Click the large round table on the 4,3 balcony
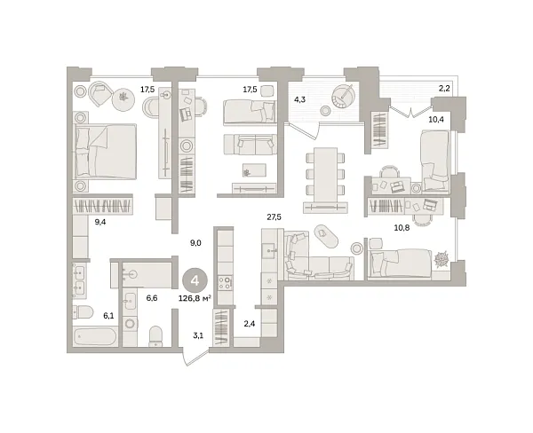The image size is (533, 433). point(342,93)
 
